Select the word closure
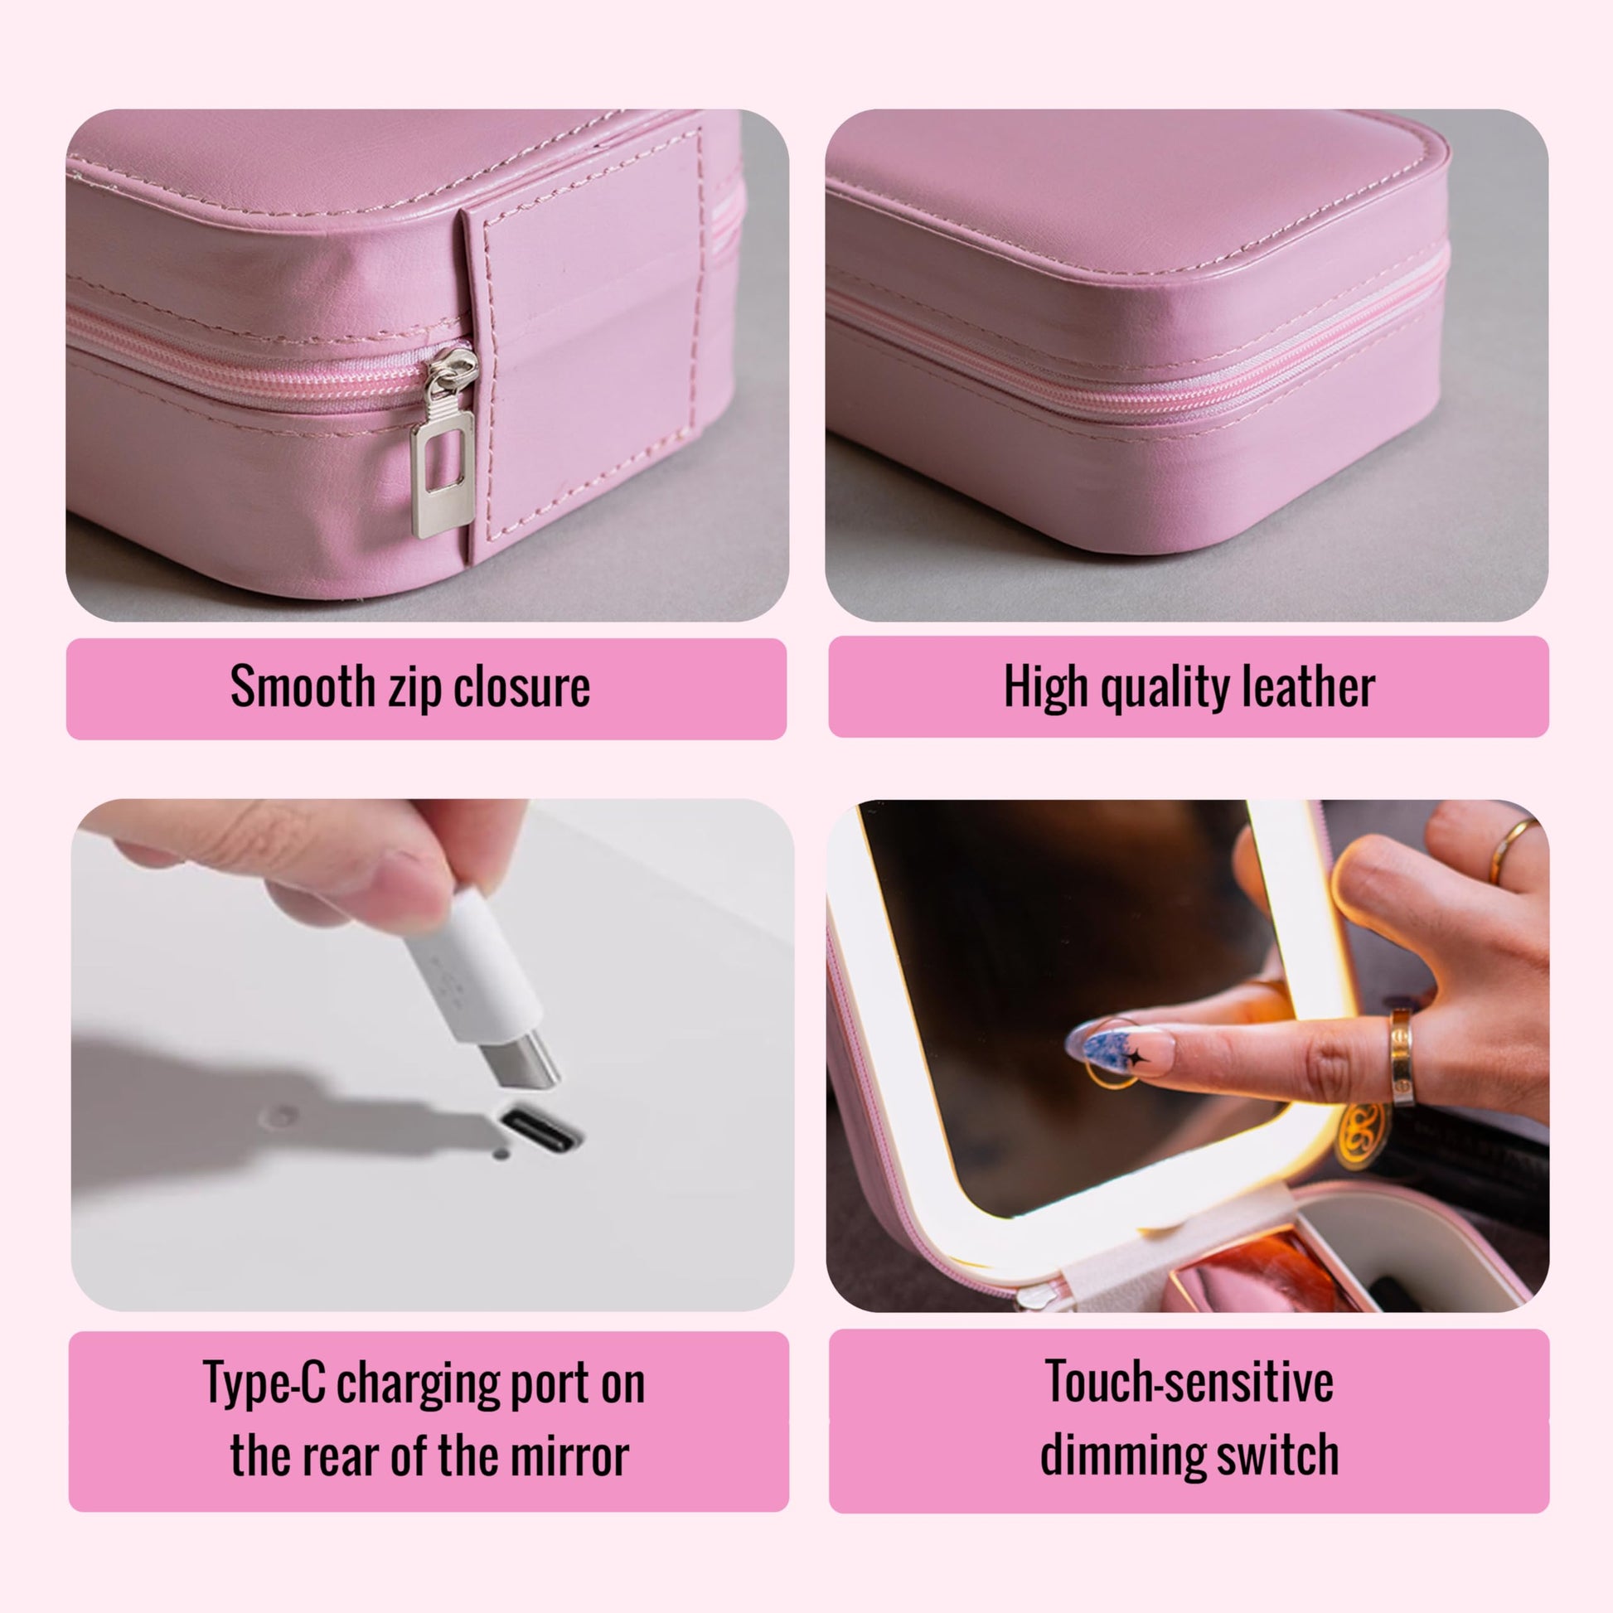[x=522, y=687]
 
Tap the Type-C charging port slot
[x=539, y=1126]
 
